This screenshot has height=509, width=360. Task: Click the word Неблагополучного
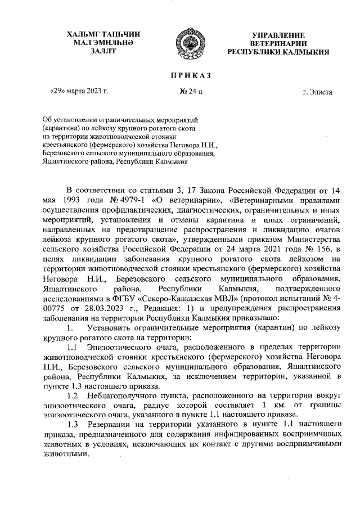coord(129,397)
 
